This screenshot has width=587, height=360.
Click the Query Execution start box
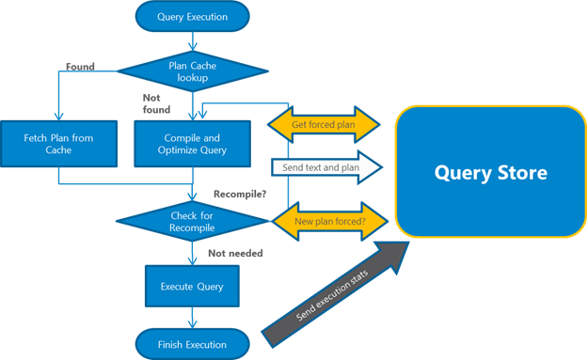pos(192,15)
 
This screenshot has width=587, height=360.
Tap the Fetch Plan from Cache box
pos(58,144)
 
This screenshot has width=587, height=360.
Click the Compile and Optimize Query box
pos(193,144)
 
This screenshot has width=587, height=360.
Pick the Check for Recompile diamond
pos(192,223)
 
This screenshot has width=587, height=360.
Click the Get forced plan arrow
pos(324,122)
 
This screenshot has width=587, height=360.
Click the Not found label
pos(154,102)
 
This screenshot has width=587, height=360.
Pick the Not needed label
pos(235,254)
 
